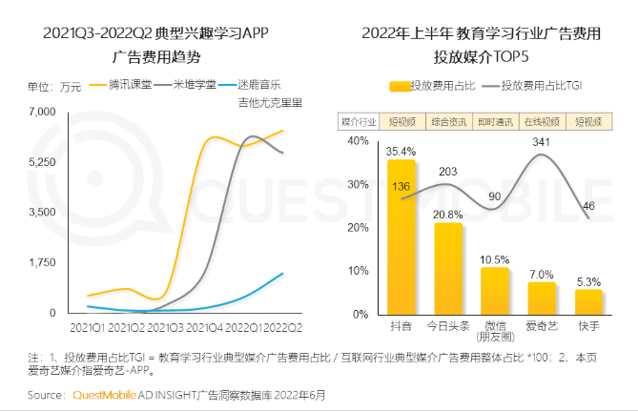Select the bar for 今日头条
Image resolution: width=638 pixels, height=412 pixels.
pyautogui.click(x=447, y=268)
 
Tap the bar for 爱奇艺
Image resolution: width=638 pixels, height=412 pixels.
pyautogui.click(x=541, y=298)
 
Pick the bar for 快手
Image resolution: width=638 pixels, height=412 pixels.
pyautogui.click(x=588, y=301)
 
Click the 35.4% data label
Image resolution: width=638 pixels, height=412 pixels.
pyautogui.click(x=401, y=151)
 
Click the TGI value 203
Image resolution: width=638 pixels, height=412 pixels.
pyautogui.click(x=447, y=172)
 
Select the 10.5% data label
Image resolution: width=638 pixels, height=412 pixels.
pyautogui.click(x=494, y=258)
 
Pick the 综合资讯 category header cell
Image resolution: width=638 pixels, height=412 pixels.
pyautogui.click(x=447, y=122)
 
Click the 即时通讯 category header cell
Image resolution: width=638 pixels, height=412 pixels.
pyautogui.click(x=494, y=122)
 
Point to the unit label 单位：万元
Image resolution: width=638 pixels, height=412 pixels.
pyautogui.click(x=54, y=87)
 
